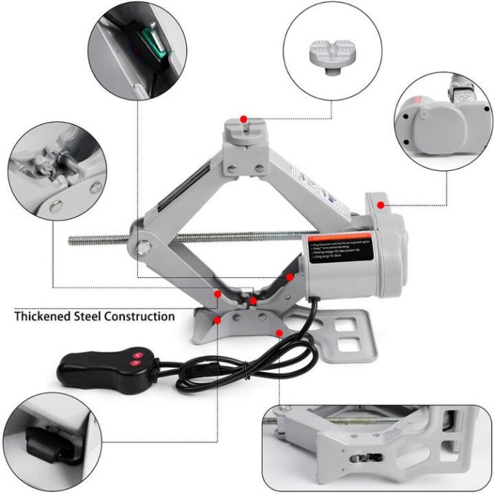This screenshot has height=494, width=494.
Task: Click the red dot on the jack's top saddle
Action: (x=243, y=118)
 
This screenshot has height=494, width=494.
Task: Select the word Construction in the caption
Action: (x=138, y=316)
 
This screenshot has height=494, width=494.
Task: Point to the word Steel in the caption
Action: (x=85, y=316)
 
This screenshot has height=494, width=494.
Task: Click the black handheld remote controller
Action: (x=108, y=364)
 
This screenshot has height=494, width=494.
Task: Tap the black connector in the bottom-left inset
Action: (x=45, y=443)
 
